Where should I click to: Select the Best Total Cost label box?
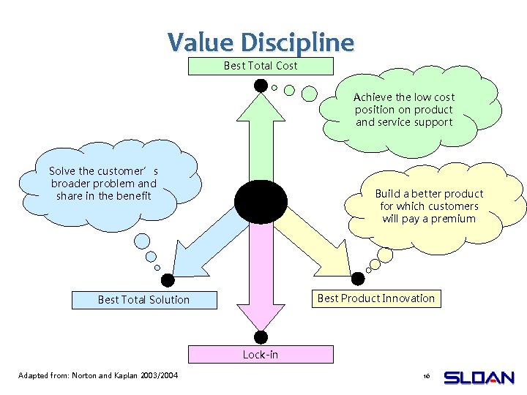point(261,66)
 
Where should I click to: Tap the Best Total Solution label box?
point(144,300)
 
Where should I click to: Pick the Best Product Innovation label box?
point(375,298)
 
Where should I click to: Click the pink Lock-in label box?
point(261,355)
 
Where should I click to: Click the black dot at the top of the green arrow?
point(261,86)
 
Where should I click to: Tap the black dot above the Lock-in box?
point(261,336)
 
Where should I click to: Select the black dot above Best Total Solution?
point(168,279)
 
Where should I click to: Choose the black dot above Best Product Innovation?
point(358,279)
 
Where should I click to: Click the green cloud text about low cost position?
point(404,110)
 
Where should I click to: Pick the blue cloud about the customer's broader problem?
point(103,184)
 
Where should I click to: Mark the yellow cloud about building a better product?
point(429,206)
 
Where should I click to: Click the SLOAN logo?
point(479,377)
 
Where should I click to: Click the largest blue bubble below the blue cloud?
point(143,240)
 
